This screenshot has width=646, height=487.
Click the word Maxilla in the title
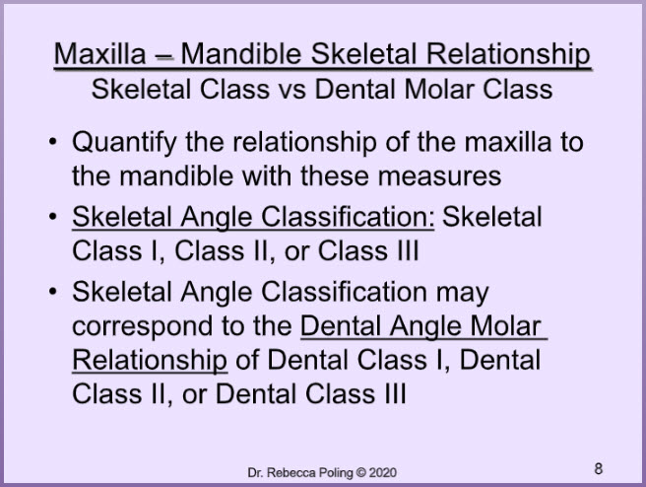point(100,53)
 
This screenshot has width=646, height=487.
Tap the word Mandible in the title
point(241,53)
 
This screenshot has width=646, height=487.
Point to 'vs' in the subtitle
point(292,90)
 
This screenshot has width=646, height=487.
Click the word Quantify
point(124,143)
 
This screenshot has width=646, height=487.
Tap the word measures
point(439,176)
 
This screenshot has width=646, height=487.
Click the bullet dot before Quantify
point(53,142)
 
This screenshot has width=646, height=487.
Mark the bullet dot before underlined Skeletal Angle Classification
point(53,217)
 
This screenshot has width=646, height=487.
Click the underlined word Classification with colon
point(348,217)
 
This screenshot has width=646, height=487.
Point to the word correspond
point(143,326)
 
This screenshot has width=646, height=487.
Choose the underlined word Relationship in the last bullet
point(150,361)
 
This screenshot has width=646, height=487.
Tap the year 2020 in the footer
point(383,472)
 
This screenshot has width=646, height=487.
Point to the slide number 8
point(598,469)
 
